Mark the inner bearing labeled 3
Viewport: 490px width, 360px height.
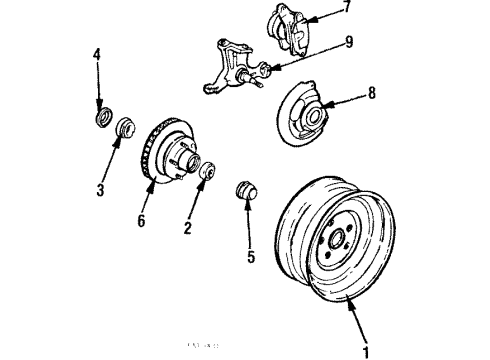tap(125, 127)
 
